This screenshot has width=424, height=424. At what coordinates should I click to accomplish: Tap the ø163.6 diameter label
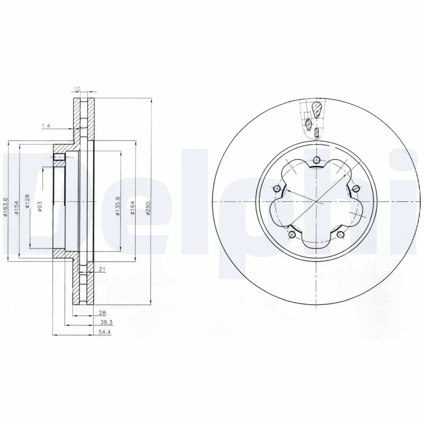point(6,203)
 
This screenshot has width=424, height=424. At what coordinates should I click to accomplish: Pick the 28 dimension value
point(101,313)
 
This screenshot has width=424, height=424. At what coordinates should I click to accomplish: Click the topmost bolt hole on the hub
point(316,161)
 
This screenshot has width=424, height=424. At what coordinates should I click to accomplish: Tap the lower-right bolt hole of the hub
point(341,235)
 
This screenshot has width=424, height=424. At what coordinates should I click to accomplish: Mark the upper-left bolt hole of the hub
point(277,189)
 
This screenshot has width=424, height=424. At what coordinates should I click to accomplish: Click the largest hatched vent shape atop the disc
point(316,110)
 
